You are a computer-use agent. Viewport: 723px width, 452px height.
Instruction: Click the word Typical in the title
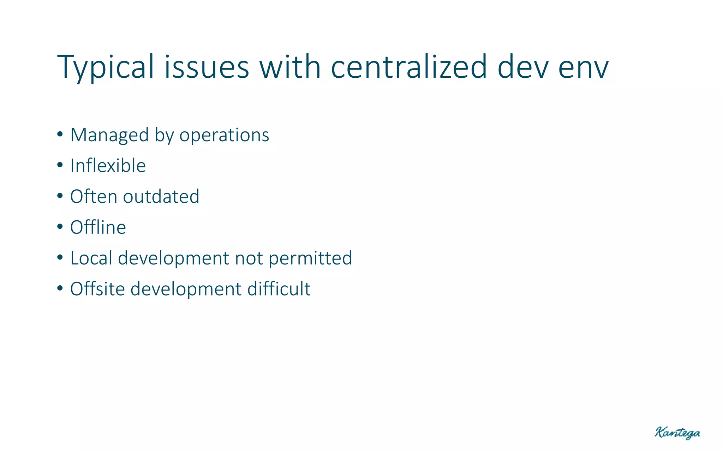105,67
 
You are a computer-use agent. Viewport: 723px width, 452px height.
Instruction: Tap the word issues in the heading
207,67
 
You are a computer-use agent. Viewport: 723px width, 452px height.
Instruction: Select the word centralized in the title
409,67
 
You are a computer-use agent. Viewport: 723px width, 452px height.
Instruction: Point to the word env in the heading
583,67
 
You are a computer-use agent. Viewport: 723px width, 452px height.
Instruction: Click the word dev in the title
523,67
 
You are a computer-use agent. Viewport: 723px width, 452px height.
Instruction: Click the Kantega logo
677,433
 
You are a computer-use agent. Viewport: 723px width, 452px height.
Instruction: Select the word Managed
109,135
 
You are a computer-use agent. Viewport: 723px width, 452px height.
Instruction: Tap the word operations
224,135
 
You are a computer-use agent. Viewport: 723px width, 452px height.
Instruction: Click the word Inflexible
108,166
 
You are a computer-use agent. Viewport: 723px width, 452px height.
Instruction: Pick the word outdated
161,197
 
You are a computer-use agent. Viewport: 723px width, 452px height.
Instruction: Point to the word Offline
98,227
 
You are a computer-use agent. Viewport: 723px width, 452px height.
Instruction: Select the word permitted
310,258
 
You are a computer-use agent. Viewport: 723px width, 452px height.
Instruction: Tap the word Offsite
97,289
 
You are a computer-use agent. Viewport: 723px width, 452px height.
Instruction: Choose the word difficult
279,289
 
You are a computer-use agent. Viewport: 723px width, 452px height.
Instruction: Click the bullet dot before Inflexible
60,165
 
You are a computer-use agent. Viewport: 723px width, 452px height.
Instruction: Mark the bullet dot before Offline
60,227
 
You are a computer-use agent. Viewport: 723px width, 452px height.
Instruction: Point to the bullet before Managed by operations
60,134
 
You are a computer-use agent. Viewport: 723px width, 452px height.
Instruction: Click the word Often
94,197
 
